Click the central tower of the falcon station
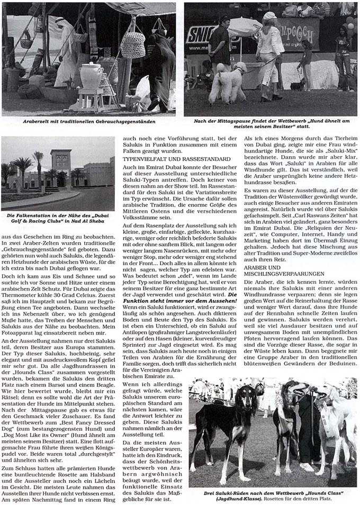point(61,167)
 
